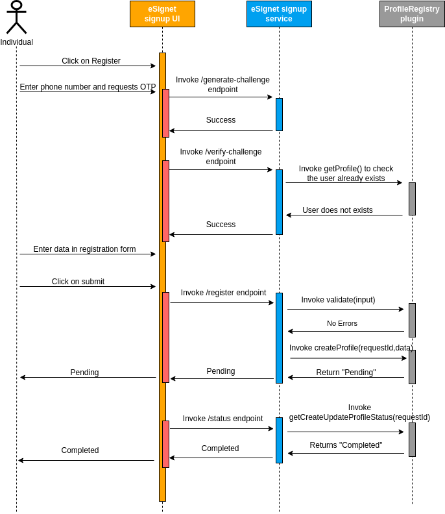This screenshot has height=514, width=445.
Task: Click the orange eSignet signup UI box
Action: click(162, 14)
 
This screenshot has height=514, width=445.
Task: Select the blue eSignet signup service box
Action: click(279, 14)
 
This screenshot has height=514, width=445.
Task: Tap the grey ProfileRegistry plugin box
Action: click(412, 14)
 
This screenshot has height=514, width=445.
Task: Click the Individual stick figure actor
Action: click(16, 18)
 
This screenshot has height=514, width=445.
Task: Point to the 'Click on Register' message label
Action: click(91, 61)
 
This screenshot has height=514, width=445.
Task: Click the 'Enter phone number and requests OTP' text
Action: click(88, 87)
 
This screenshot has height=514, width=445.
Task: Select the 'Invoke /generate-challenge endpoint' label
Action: click(222, 84)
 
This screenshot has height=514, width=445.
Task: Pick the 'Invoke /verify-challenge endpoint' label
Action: click(221, 156)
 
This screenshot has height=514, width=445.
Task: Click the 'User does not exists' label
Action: click(337, 210)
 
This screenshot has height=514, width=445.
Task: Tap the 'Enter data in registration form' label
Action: click(84, 249)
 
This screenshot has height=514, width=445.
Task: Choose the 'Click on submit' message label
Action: click(78, 282)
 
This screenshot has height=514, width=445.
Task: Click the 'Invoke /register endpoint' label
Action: click(223, 293)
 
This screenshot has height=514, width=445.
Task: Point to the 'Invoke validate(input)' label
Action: click(338, 300)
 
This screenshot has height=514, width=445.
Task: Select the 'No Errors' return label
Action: click(342, 323)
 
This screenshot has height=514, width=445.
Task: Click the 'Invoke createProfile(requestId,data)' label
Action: click(351, 348)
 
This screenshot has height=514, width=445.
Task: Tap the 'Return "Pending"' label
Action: click(346, 373)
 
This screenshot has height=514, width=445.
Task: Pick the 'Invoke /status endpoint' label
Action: click(222, 419)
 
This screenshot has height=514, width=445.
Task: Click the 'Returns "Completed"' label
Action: click(346, 445)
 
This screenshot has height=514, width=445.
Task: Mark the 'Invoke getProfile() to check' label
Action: click(346, 169)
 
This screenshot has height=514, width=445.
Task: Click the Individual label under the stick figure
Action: click(16, 42)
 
